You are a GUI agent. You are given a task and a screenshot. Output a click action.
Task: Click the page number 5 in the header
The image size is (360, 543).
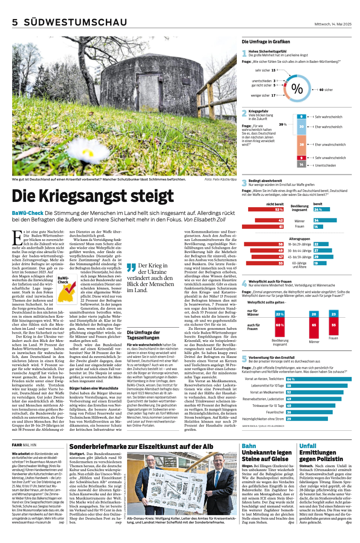15,23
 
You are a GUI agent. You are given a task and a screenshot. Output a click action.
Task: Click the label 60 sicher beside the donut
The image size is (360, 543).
326,90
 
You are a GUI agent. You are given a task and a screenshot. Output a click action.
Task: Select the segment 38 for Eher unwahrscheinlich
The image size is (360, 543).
301,144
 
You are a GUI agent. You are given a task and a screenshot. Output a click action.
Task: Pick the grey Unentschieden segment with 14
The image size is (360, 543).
301,165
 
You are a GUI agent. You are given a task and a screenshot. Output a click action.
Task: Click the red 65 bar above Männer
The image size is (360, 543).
314,325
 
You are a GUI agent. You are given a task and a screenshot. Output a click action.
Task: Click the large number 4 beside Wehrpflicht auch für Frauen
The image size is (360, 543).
245,284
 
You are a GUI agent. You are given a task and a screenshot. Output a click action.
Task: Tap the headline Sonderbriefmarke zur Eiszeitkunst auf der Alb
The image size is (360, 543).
141,446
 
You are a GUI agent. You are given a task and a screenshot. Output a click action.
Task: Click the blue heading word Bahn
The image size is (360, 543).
249,446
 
